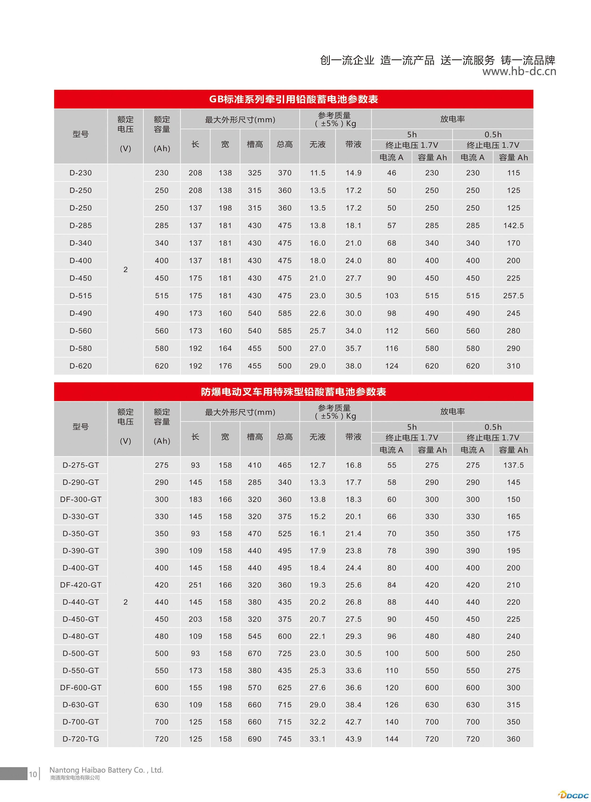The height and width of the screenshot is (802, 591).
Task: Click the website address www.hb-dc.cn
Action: click(519, 71)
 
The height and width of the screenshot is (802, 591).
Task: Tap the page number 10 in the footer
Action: click(33, 774)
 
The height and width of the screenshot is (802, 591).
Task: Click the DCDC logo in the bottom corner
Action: click(573, 795)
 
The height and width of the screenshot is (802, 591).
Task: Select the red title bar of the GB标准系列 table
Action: click(293, 99)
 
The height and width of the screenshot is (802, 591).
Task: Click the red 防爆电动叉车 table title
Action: click(293, 392)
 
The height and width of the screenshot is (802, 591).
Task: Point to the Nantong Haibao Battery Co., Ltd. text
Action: click(106, 770)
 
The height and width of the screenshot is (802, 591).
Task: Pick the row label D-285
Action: click(81, 226)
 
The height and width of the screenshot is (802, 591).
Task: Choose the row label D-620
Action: click(81, 366)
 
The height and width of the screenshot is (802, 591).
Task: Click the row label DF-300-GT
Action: click(81, 499)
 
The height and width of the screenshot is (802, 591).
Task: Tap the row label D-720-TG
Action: click(81, 739)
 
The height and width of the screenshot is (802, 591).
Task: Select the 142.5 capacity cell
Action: click(513, 226)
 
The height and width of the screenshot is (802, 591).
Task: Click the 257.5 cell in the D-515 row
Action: click(513, 296)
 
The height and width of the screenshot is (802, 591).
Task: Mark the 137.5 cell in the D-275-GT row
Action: click(513, 465)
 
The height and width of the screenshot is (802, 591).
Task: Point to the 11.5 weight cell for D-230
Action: click(317, 173)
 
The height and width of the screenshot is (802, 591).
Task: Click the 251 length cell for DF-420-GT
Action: click(195, 585)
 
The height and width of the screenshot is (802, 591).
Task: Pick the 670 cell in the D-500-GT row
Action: click(254, 654)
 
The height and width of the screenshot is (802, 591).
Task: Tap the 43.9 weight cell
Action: click(353, 739)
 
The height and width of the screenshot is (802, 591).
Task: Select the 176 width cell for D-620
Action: click(225, 366)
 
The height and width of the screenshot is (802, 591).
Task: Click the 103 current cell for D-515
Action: click(392, 296)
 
